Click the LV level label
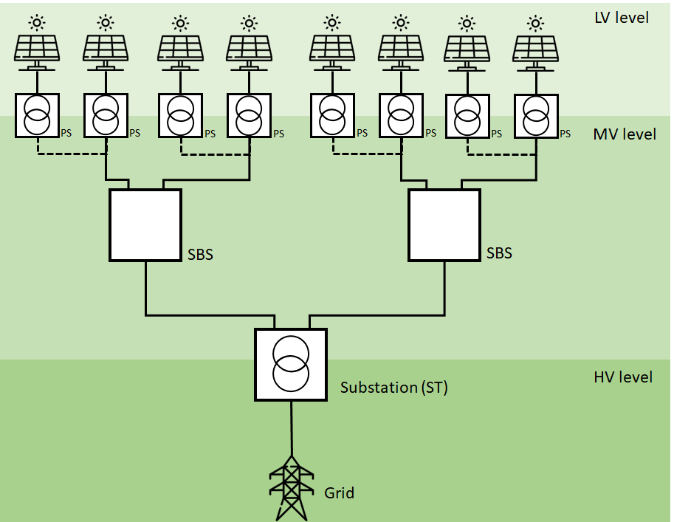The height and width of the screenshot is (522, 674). coord(622,16)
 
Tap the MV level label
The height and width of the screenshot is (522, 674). coord(624,134)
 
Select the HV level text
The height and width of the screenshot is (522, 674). coord(623,377)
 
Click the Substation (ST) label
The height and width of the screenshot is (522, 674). coord(393,387)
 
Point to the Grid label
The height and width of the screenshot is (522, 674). coord(339,492)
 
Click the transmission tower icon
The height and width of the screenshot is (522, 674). coord(292,487)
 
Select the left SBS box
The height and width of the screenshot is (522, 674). coord(145,224)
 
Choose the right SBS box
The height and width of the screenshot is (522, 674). coord(444,224)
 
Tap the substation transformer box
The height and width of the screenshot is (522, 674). coord(291,365)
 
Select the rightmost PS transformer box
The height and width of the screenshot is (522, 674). coord(536,115)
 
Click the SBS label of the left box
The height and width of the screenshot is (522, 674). coord(200,255)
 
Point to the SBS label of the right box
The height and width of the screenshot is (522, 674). coord(499,253)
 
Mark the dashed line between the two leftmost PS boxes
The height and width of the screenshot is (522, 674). coord(72,154)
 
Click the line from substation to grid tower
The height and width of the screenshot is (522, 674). coord(292,428)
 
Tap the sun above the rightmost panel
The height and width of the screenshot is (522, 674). coord(536,21)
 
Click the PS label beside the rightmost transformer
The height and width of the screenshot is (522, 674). coord(565,134)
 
